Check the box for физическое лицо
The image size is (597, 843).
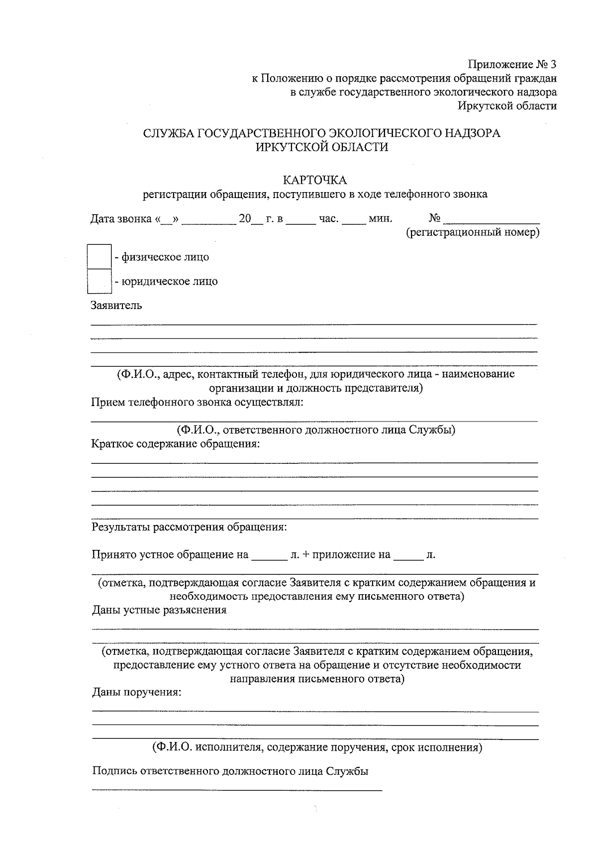pyautogui.click(x=99, y=257)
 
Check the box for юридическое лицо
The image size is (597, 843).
pyautogui.click(x=99, y=281)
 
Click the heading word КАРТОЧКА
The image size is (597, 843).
pyautogui.click(x=314, y=180)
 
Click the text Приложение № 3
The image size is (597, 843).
pyautogui.click(x=512, y=65)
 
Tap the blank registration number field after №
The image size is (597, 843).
pyautogui.click(x=492, y=218)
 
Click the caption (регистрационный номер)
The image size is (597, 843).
pyautogui.click(x=473, y=232)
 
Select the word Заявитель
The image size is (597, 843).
pyautogui.click(x=116, y=306)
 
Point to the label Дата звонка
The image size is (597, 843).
pyautogui.click(x=121, y=219)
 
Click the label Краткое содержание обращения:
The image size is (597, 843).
pyautogui.click(x=176, y=443)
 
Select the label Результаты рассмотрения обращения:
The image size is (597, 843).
pyautogui.click(x=189, y=527)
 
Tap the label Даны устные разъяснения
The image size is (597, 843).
pyautogui.click(x=159, y=610)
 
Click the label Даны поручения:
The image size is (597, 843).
pyautogui.click(x=136, y=692)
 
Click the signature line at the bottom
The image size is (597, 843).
pyautogui.click(x=237, y=789)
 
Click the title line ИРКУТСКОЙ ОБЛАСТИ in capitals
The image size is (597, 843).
pyautogui.click(x=321, y=147)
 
